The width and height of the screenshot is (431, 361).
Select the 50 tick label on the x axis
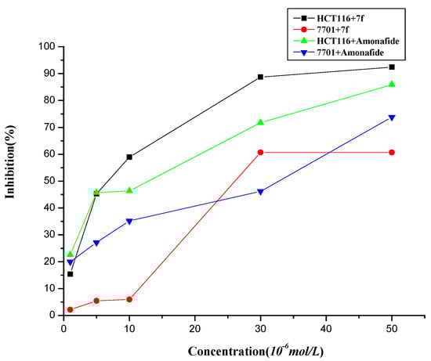(x=391, y=328)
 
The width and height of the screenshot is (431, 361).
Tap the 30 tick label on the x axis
(x=260, y=328)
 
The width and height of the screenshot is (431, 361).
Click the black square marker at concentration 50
(x=391, y=67)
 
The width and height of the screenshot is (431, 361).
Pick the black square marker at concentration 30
(x=260, y=77)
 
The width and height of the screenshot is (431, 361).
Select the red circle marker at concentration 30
(x=260, y=152)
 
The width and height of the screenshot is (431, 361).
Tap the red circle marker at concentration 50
(x=391, y=152)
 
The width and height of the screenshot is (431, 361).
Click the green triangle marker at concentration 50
(x=391, y=84)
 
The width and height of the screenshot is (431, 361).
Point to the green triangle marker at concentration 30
(x=260, y=122)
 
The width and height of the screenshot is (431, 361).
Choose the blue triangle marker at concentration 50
(x=391, y=117)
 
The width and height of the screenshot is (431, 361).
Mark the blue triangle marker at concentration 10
(x=129, y=221)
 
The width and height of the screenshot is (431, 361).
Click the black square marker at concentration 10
(x=129, y=157)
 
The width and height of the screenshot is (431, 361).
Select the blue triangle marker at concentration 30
(x=260, y=192)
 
